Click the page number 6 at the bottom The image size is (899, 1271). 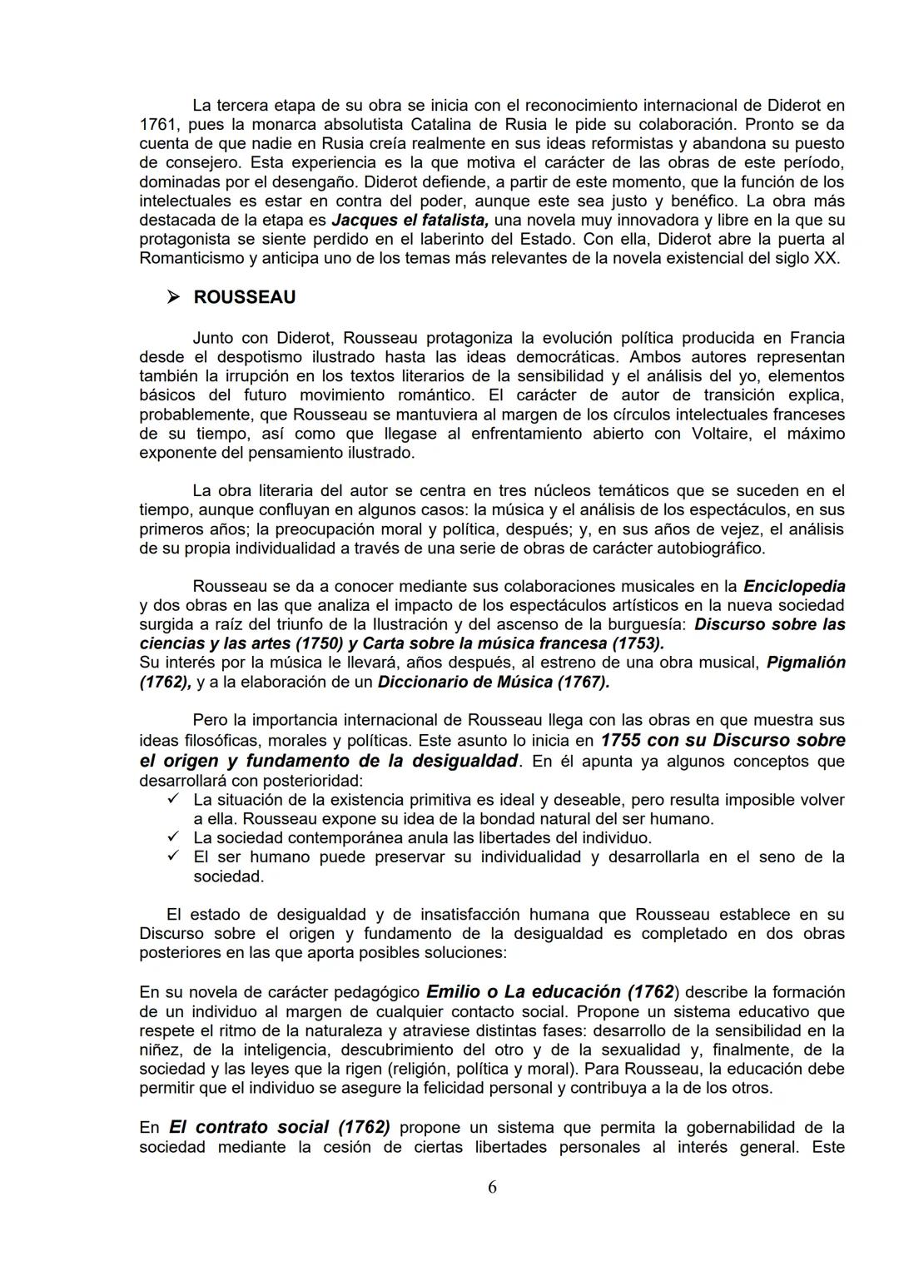click(x=492, y=1187)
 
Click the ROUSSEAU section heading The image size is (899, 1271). click(x=244, y=297)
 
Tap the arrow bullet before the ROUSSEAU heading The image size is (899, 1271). click(x=173, y=297)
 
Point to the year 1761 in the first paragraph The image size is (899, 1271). click(x=158, y=125)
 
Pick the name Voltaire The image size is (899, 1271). click(x=723, y=434)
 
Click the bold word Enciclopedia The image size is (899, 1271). click(x=794, y=586)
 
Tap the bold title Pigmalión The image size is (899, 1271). click(x=806, y=663)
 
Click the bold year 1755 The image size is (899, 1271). click(x=624, y=740)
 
